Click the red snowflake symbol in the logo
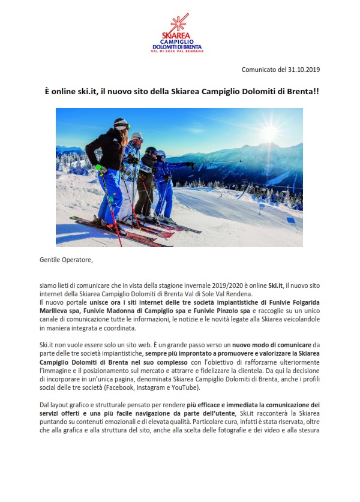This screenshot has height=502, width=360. pos(179,25)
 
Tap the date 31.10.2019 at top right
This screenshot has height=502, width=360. pos(303,70)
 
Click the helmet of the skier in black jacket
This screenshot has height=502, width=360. pos(121,124)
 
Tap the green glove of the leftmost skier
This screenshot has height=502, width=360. pos(101,170)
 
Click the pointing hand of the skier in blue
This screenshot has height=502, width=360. pos(191,163)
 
